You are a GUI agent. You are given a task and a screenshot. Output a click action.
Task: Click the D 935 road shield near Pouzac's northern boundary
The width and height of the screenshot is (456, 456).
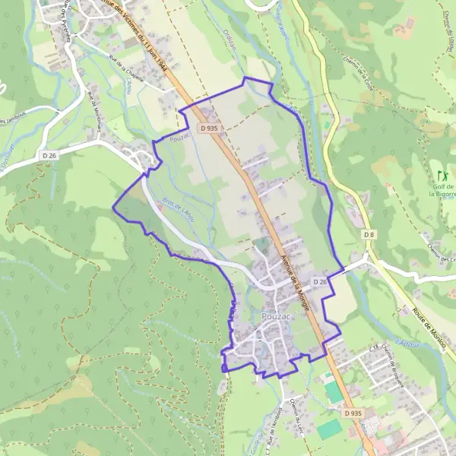click(209, 129)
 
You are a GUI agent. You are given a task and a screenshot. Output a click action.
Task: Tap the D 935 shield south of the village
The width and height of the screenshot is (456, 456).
click(352, 413)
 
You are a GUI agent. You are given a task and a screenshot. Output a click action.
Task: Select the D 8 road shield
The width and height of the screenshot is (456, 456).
click(369, 234)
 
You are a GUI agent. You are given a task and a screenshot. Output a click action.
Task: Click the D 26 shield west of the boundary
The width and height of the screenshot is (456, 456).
click(50, 155)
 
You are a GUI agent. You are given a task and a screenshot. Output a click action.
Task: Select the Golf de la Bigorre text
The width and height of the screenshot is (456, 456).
click(442, 190)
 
